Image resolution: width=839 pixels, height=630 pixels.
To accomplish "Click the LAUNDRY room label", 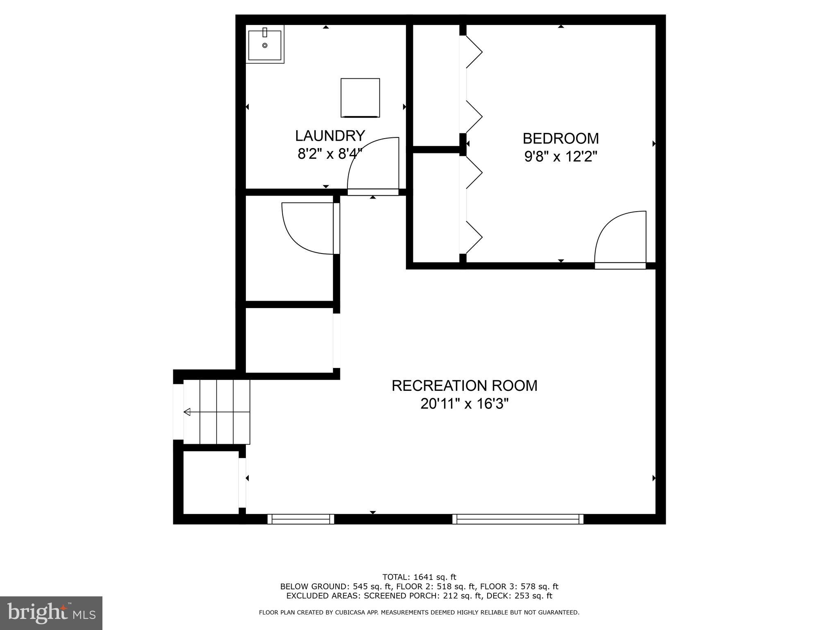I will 330,135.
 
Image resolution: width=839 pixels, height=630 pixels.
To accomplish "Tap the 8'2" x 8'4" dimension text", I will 330,154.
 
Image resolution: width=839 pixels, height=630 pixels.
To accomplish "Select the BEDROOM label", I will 560,139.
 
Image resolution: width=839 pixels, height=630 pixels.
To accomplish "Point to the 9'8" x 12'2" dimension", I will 560,157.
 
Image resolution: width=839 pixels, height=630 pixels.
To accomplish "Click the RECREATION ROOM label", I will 464,386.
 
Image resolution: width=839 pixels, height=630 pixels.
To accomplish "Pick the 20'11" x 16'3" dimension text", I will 464,404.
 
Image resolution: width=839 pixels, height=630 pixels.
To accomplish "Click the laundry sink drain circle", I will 265,46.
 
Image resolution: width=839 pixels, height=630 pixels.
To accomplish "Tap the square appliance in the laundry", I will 360,98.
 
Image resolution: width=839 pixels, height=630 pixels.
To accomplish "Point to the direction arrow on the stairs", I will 187,412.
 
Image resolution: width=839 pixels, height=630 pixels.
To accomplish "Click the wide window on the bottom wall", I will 518,519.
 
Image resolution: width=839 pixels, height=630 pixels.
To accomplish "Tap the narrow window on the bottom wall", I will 301,519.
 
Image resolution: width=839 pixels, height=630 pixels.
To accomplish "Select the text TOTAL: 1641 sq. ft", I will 419,577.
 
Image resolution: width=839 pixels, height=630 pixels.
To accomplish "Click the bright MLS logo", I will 51,613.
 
